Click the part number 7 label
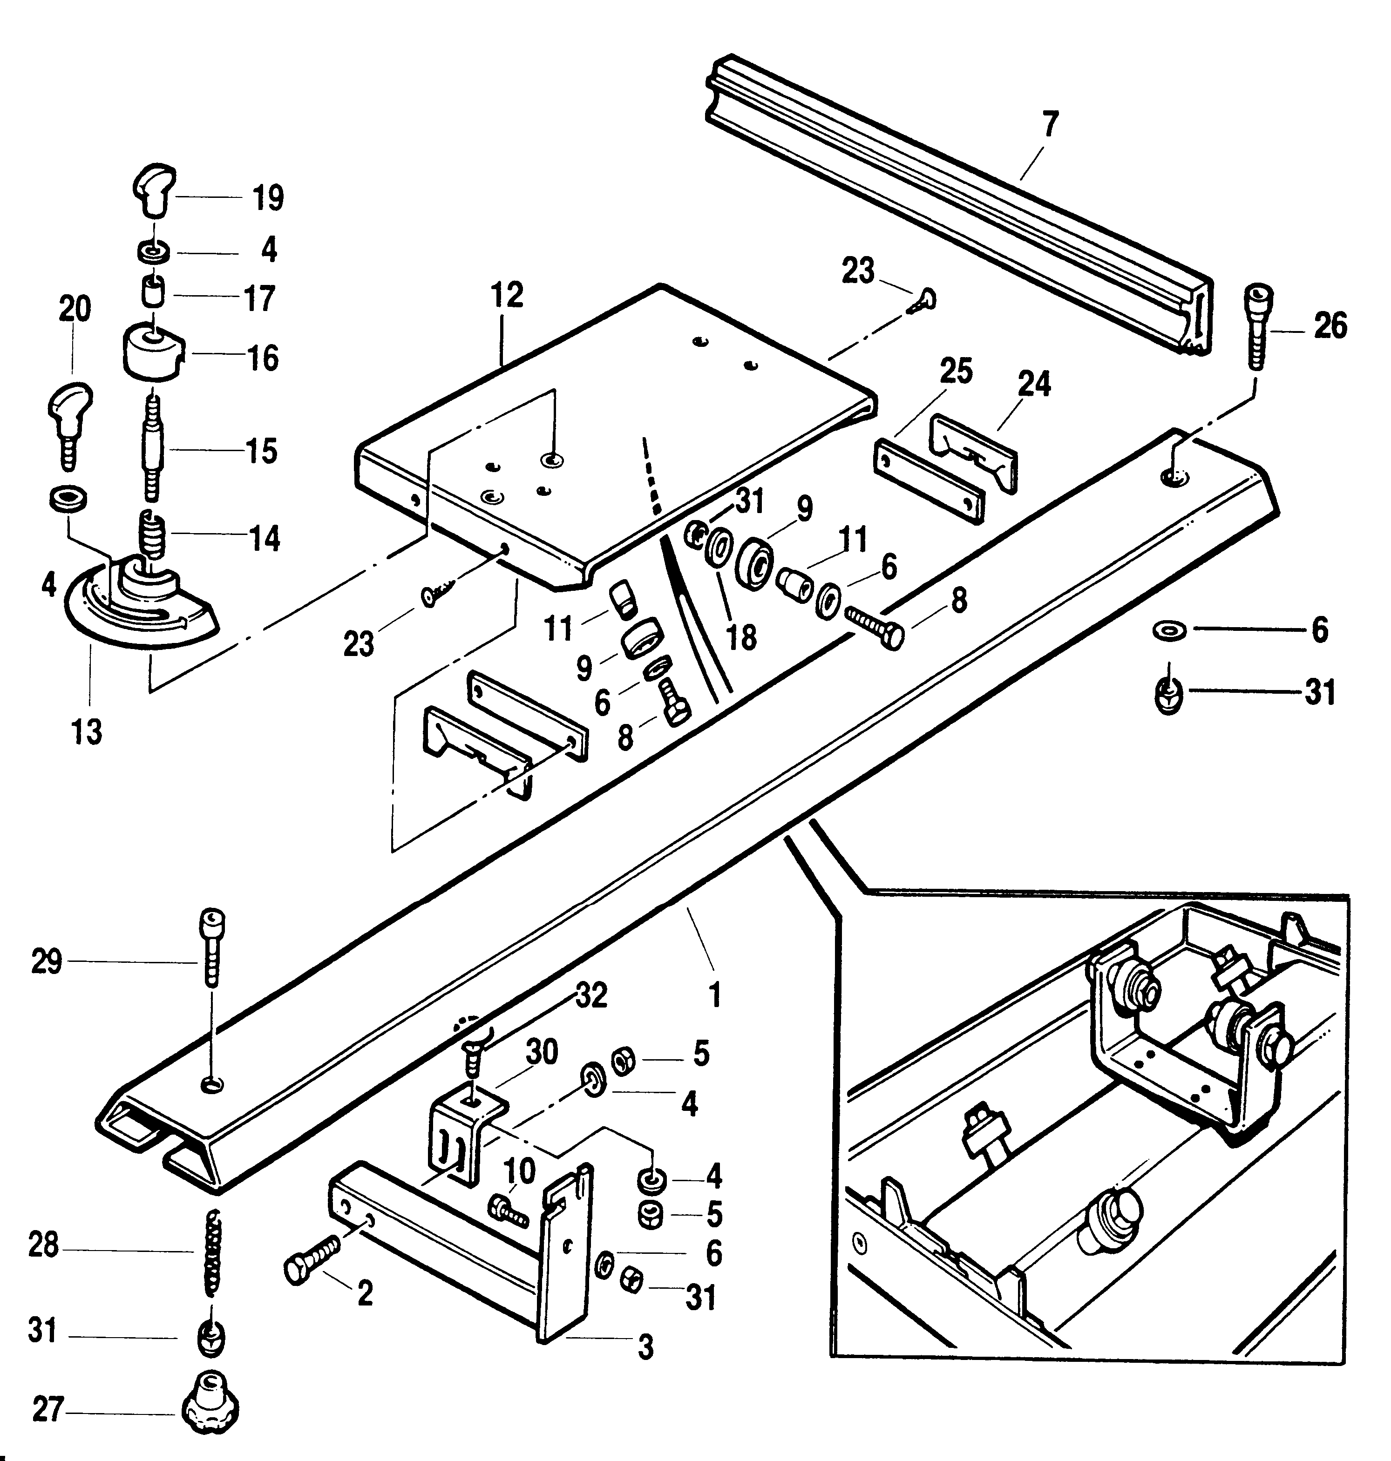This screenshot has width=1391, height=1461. tap(1050, 124)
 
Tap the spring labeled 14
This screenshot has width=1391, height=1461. tap(153, 535)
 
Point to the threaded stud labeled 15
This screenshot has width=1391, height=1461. tap(154, 448)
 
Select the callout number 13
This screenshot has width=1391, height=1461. tap(86, 732)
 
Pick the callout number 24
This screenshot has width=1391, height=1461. tap(1034, 383)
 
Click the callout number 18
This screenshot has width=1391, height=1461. tap(741, 637)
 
